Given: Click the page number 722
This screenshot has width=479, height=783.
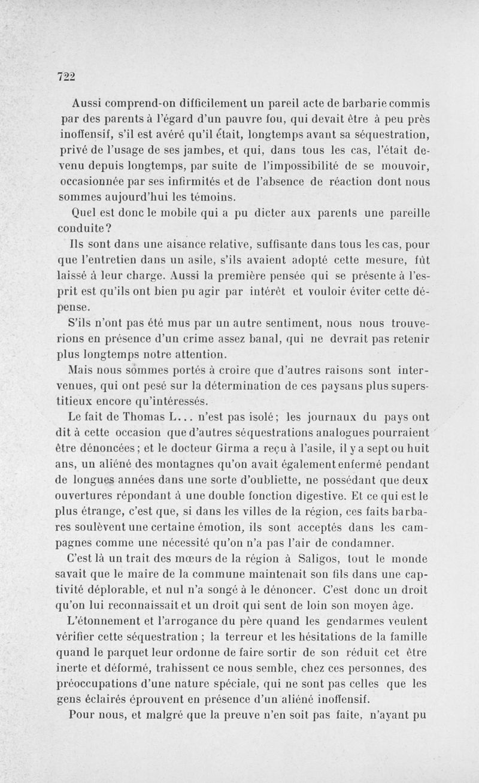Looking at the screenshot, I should click(x=66, y=76).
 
